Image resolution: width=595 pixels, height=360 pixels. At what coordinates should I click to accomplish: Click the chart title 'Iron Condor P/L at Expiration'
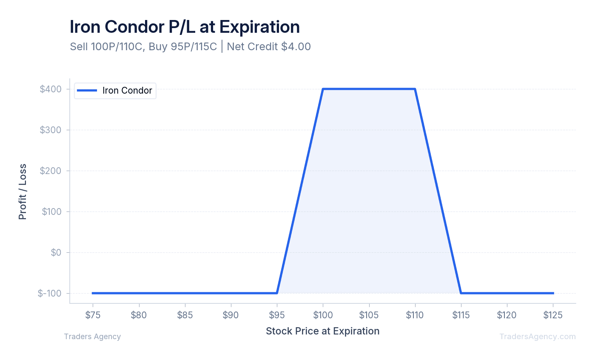click(x=185, y=27)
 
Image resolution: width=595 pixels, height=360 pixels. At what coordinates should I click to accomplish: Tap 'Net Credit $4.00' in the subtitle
click(x=268, y=46)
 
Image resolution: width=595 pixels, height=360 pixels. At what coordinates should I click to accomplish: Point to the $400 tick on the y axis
click(x=51, y=89)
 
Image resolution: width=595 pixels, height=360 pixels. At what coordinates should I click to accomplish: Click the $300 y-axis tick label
click(x=51, y=130)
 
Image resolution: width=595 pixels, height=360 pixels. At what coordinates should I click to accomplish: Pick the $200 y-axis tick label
click(x=51, y=171)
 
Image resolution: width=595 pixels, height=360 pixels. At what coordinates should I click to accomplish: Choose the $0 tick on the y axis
click(x=56, y=252)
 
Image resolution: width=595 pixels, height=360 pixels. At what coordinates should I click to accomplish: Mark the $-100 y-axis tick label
click(x=49, y=293)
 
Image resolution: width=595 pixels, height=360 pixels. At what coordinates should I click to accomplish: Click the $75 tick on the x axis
click(x=93, y=315)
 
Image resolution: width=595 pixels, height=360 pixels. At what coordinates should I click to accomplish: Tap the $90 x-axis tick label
click(x=231, y=315)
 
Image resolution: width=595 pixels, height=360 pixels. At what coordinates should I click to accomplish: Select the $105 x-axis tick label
click(x=369, y=315)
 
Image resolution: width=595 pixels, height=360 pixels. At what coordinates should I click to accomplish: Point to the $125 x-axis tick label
click(x=553, y=315)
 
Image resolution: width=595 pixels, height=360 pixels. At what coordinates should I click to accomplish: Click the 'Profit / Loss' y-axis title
click(x=23, y=191)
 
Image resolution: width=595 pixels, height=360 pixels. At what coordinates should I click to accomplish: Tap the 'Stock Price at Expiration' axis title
click(x=322, y=331)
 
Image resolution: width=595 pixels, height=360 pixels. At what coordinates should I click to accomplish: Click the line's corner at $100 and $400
click(x=323, y=89)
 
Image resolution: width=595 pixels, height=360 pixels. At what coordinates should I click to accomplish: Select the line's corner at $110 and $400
click(x=415, y=89)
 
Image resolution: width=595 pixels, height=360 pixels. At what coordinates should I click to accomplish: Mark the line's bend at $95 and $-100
click(x=277, y=293)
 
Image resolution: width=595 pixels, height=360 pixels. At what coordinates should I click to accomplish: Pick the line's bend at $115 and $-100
click(x=461, y=293)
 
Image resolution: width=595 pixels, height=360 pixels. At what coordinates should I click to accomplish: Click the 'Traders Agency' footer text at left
click(x=92, y=337)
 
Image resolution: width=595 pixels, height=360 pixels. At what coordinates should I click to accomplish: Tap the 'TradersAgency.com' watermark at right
click(x=537, y=337)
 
